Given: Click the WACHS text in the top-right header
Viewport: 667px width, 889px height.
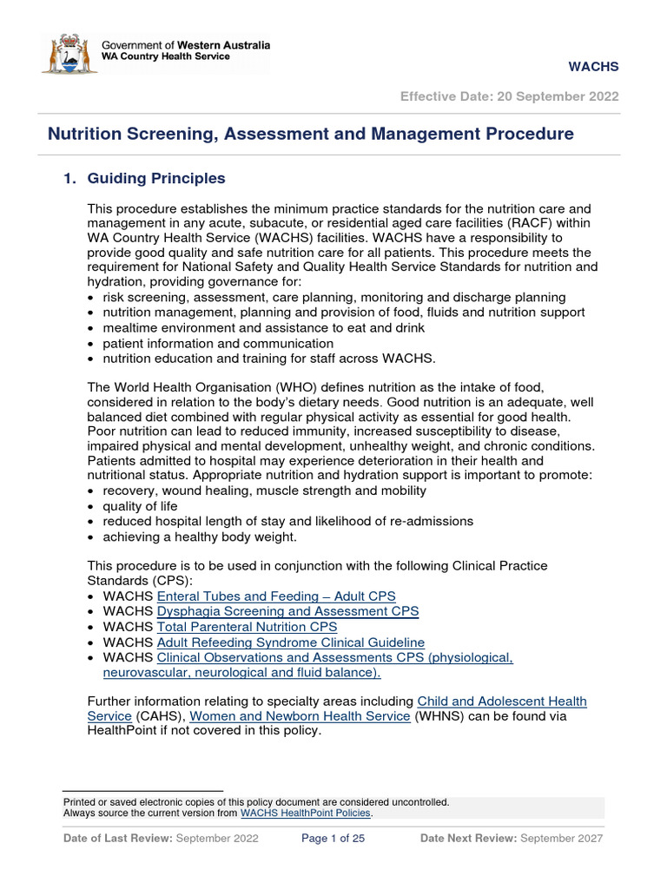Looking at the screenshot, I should (x=593, y=67).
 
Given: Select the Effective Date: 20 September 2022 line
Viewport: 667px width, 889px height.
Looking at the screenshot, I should (x=509, y=96).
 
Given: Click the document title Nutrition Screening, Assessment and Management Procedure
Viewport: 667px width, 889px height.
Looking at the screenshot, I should (x=310, y=134).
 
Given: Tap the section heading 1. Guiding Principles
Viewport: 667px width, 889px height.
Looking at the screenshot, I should (x=144, y=178).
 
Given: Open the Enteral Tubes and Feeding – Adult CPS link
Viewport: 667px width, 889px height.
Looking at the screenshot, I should (x=276, y=596).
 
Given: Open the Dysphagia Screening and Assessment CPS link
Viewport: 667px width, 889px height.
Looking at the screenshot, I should (x=287, y=611).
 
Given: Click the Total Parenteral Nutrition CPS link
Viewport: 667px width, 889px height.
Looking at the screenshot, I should (x=247, y=627).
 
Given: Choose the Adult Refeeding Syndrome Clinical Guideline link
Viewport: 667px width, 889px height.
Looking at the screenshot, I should (x=290, y=642).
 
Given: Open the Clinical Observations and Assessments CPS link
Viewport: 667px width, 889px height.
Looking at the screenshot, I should (x=334, y=658).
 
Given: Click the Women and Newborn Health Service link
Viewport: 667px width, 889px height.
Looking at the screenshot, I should (x=300, y=716).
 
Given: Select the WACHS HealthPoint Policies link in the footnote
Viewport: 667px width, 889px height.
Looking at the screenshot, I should (x=306, y=813).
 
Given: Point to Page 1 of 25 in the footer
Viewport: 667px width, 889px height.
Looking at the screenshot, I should (x=333, y=839).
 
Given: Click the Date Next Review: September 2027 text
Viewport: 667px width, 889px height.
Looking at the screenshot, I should (x=511, y=839).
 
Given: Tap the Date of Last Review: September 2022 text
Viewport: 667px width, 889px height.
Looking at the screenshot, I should (x=161, y=839).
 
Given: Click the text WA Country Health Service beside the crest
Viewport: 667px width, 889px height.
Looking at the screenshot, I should (x=166, y=57).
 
